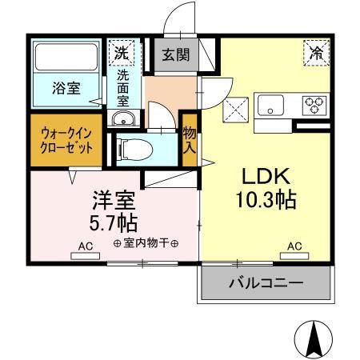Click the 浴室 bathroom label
66,88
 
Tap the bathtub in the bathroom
66,58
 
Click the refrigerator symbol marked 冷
314,54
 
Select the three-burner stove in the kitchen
314,103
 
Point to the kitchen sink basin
270,104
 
